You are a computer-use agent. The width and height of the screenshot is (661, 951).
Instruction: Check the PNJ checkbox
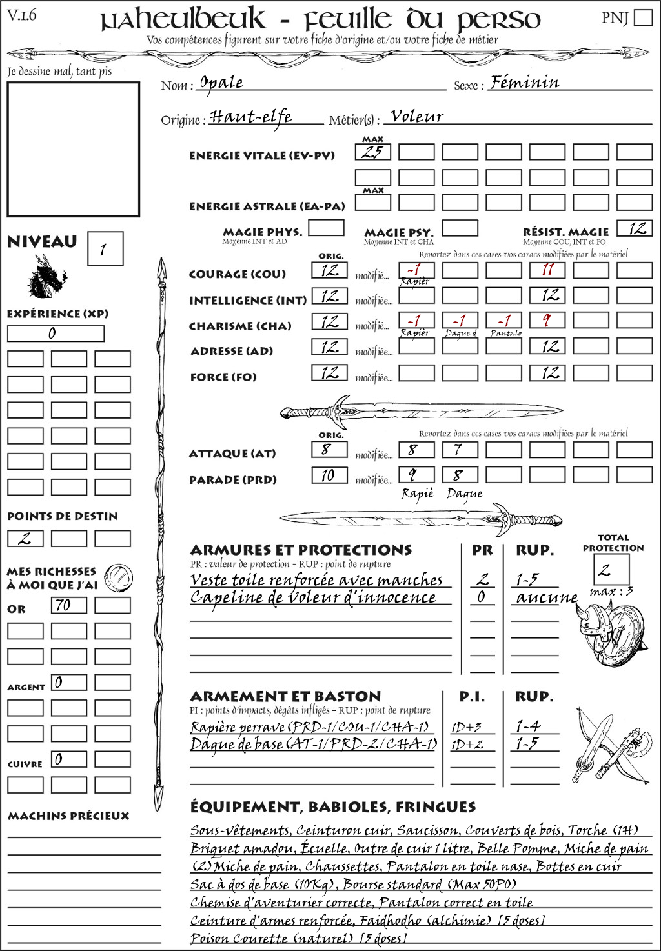click(644, 17)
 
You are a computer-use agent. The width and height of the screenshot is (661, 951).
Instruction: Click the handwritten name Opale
click(221, 83)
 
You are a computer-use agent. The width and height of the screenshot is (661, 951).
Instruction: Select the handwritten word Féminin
click(524, 83)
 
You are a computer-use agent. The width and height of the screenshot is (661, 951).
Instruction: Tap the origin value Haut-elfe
click(251, 117)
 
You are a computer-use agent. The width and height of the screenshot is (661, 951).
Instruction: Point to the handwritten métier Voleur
click(417, 117)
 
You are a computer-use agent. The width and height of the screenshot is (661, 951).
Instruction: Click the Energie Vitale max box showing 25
click(373, 152)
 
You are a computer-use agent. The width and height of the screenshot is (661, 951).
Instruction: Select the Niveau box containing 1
click(105, 249)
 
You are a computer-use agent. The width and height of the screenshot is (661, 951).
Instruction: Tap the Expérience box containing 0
click(56, 334)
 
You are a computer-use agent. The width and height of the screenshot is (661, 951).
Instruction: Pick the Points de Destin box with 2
click(25, 538)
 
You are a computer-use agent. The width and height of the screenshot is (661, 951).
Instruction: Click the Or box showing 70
click(69, 605)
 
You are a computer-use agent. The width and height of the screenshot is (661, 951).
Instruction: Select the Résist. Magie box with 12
click(635, 228)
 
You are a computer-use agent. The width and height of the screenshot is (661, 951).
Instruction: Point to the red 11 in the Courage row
click(547, 270)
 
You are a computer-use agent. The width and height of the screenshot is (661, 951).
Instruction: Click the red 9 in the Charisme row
click(547, 321)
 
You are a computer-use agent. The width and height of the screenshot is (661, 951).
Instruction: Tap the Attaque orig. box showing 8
click(329, 449)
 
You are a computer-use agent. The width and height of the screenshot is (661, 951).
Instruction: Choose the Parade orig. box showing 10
click(329, 475)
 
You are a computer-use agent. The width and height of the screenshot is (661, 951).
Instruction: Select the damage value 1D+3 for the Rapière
click(466, 727)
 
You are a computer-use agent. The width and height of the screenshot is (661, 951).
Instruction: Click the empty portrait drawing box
click(73, 149)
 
